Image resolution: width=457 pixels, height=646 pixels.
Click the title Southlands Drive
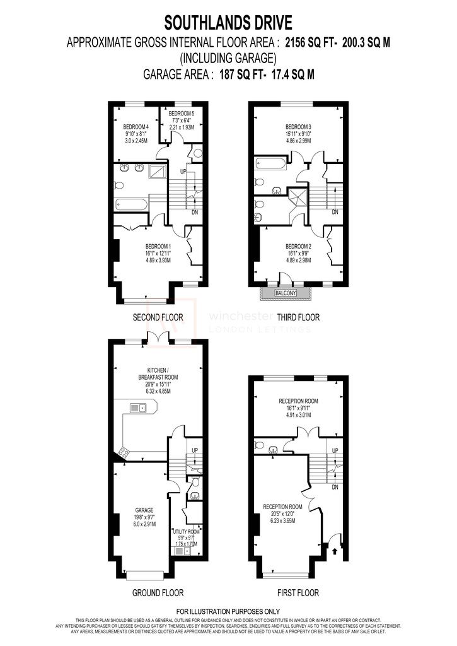point(228,24)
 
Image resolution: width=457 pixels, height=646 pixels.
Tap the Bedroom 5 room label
point(183,112)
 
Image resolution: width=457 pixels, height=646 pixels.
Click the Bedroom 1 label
point(158,246)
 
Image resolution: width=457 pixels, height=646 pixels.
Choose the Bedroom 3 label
point(299,126)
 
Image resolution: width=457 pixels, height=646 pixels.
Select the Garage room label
point(145,510)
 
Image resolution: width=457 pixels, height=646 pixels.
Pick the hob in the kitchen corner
point(122,451)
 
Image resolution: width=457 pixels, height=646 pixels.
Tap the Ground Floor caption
point(158,593)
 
